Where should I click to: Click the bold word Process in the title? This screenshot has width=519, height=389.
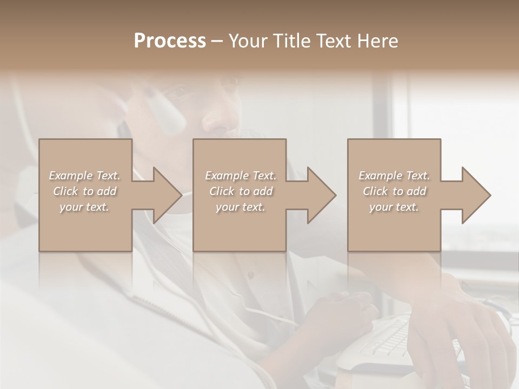(170, 41)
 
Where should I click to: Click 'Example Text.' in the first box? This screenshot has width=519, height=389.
(85, 176)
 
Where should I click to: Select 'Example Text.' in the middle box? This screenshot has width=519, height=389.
(241, 176)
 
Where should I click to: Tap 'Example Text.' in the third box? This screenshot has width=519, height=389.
(394, 176)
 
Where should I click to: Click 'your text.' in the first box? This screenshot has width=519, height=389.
(85, 207)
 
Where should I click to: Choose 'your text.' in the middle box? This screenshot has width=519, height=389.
(241, 207)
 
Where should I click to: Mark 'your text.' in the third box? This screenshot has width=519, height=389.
(394, 207)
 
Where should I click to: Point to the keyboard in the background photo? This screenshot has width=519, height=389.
(389, 338)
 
